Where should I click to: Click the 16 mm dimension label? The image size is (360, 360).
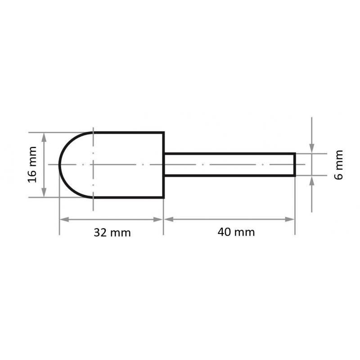point(32,164)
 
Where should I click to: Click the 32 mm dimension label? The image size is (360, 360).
point(112,232)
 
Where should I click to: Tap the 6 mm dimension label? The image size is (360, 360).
point(339,165)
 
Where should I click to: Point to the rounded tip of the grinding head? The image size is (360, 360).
point(60,165)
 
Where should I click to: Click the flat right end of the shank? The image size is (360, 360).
point(295,165)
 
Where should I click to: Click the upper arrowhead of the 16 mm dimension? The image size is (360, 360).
point(44,136)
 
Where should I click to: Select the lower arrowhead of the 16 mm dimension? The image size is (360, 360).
point(44,193)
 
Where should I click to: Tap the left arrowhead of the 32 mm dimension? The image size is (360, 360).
point(63,219)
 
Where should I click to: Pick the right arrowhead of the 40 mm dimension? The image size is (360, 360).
point(291,219)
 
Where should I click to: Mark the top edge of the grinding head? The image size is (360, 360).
point(128,132)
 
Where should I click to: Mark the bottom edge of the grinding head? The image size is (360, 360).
point(128,197)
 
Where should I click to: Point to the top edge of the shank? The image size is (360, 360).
point(229,154)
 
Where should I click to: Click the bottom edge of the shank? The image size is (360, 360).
point(229,175)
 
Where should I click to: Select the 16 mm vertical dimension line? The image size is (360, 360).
point(44,165)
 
